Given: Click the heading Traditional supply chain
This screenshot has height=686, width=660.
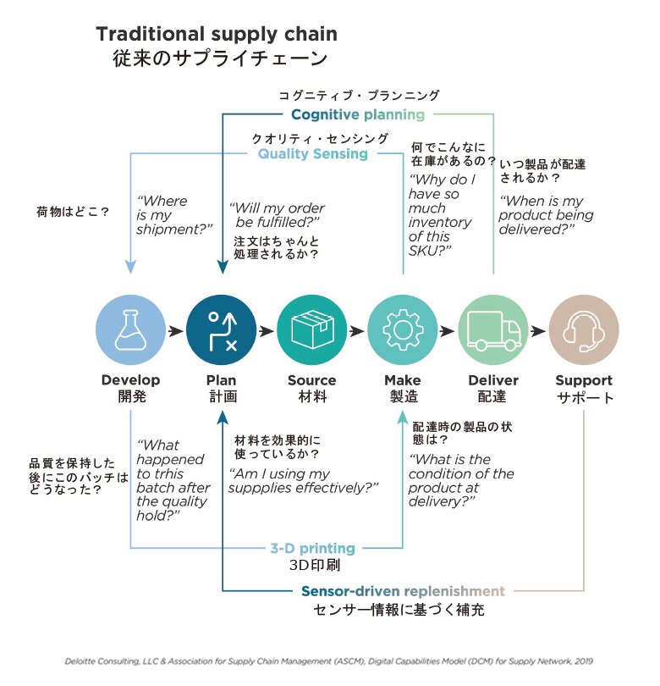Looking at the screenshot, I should click(217, 35).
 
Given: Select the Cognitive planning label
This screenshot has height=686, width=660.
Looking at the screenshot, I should click(358, 114).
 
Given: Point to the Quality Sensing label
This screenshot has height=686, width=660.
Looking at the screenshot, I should click(313, 154).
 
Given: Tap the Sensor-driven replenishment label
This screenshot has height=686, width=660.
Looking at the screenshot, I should click(403, 590).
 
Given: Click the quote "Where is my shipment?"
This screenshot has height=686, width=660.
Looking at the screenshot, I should click(173, 214).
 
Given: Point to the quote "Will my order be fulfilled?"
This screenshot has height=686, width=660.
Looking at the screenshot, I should click(277, 215).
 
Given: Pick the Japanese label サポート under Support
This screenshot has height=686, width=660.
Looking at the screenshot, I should click(584, 398).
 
